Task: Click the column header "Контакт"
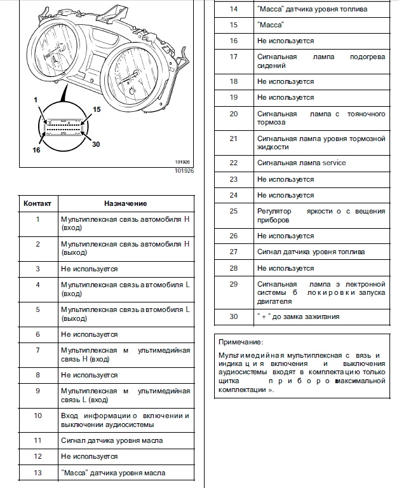37,203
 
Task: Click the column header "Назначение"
125,203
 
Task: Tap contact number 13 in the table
37,473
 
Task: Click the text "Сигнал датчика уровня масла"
112,440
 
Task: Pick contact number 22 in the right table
233,163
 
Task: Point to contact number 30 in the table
233,316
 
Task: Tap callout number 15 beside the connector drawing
97,110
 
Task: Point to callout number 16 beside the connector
36,151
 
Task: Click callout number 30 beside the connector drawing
97,144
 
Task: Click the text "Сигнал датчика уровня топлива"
311,252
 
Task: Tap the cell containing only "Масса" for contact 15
270,25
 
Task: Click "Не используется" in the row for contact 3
89,269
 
